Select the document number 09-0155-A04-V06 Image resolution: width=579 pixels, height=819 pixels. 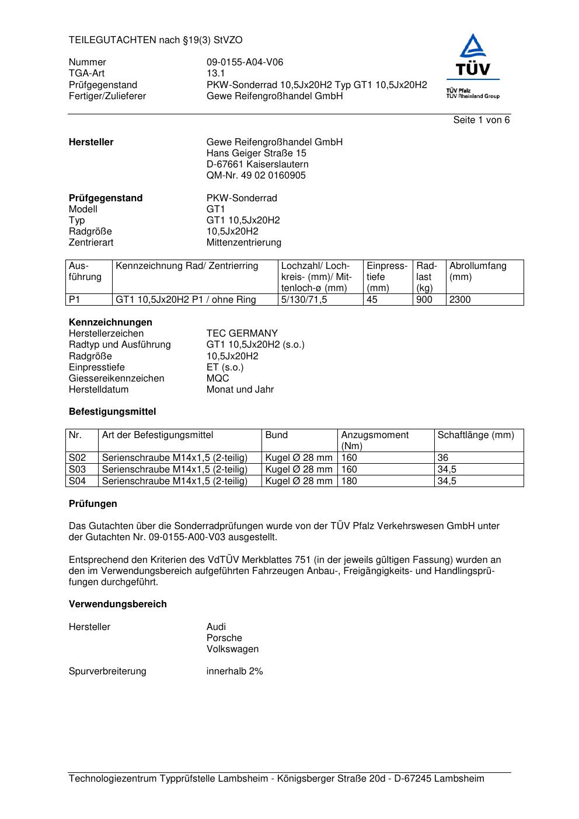pos(245,62)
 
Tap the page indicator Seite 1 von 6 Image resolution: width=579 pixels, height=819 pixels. pos(481,120)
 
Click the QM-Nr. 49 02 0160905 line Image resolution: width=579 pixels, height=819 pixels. pos(256,176)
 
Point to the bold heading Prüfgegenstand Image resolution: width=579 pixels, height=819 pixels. pos(106,198)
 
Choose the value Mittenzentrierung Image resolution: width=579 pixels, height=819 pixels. pos(243,243)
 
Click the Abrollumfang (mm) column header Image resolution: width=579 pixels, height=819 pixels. pos(477,271)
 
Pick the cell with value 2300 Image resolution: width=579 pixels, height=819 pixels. pos(460,300)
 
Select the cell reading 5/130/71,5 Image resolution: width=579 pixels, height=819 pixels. pos(304,300)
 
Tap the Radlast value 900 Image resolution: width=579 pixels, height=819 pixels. pos(424,300)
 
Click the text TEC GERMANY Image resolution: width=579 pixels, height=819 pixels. pos(242,334)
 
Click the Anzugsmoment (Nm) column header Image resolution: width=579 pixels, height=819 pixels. pos(375,440)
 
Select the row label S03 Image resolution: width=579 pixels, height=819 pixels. pos(78,470)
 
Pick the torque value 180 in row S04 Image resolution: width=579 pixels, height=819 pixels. pos(349,481)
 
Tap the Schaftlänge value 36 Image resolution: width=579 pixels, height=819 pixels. pos(443,458)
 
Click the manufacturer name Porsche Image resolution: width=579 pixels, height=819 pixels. pos(224,638)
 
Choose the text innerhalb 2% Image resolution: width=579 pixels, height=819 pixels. pos(235,671)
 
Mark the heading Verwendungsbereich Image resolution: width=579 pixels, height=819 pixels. pos(118,604)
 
